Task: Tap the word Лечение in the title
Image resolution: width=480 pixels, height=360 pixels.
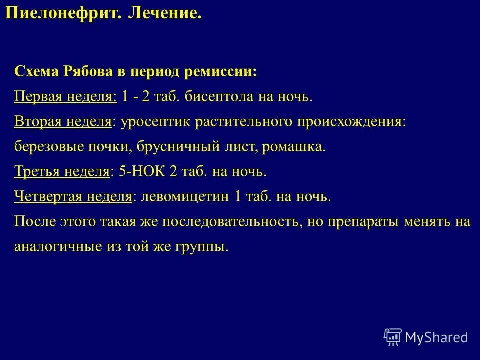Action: coord(165,13)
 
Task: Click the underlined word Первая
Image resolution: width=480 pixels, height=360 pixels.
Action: coord(36,96)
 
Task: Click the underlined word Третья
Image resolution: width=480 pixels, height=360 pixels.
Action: coord(36,172)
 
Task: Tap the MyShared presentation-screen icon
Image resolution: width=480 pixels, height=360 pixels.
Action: coord(393,337)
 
